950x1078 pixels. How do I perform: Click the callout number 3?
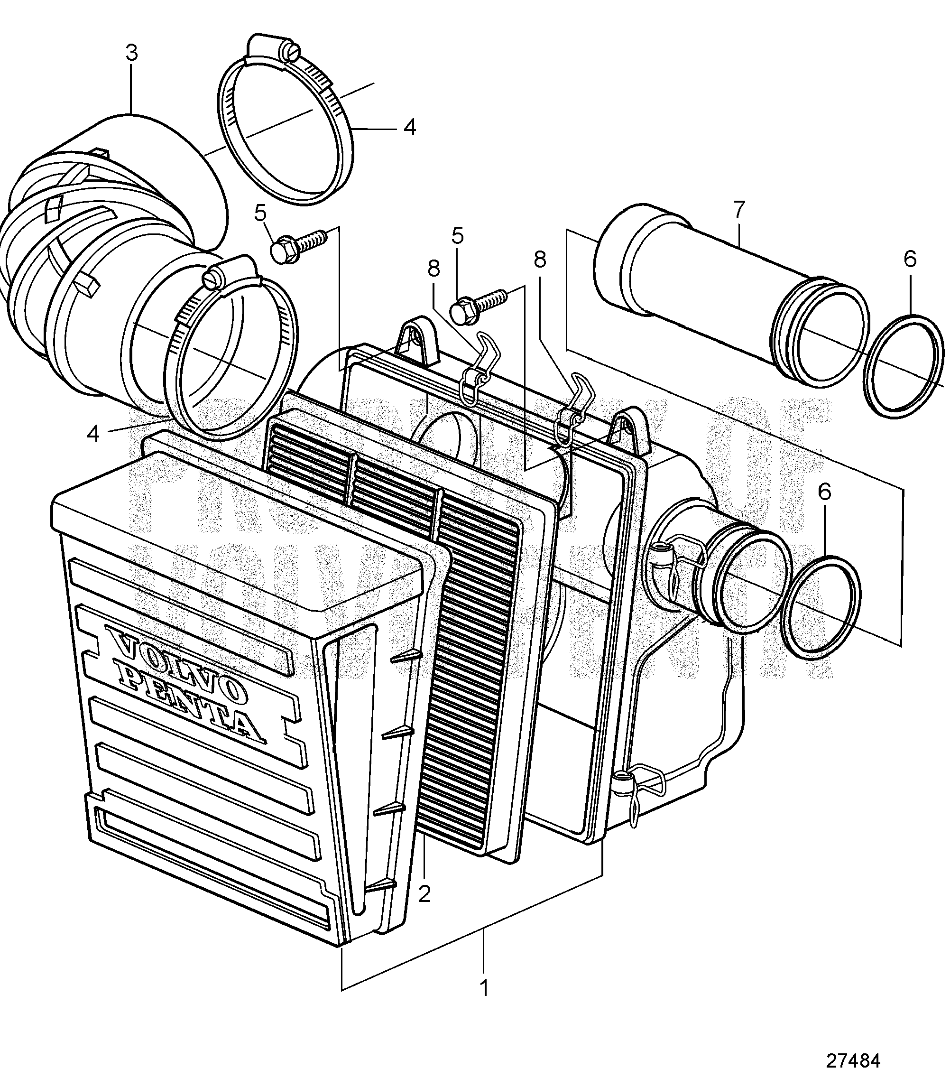coord(131,53)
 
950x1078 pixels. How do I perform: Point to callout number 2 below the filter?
coord(424,893)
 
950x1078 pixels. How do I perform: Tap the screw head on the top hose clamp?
coord(292,51)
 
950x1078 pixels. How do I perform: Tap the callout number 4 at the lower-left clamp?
coord(93,434)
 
